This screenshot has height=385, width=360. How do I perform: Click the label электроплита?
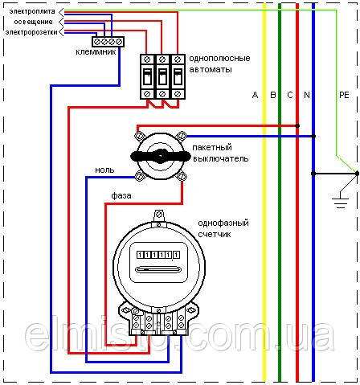click(32, 11)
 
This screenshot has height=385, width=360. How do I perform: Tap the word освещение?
click(33, 22)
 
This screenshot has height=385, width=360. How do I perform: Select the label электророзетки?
click(31, 32)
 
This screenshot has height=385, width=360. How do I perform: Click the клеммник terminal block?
click(108, 42)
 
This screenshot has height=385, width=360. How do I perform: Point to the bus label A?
click(255, 95)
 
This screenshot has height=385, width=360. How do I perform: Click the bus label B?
click(273, 95)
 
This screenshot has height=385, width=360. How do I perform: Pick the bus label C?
click(290, 95)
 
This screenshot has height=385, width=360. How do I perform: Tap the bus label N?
click(307, 95)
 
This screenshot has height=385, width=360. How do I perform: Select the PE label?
click(344, 95)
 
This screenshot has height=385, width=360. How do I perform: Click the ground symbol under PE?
click(340, 203)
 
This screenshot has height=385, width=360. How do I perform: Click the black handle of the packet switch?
click(161, 156)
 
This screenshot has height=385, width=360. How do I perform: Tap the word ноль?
click(104, 170)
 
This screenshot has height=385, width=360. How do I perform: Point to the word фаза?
click(121, 195)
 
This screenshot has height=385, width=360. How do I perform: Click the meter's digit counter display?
click(158, 254)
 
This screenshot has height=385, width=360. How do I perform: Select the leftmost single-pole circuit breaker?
click(147, 76)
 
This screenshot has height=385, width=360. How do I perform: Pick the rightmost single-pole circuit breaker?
click(178, 76)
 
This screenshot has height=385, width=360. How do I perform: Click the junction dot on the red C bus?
click(297, 125)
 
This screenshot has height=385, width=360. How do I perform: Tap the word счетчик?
click(215, 235)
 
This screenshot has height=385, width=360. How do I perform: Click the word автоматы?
click(211, 70)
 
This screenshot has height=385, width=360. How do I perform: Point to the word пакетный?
click(212, 148)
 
